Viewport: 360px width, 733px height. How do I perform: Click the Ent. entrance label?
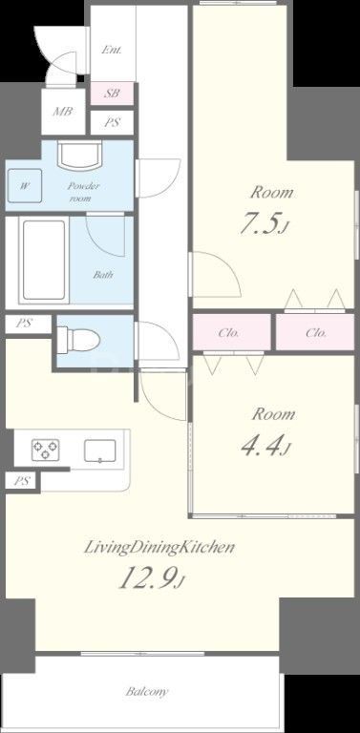(x=112, y=50)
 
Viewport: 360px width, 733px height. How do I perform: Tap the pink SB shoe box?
(x=113, y=94)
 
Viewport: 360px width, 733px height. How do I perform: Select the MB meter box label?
(x=63, y=112)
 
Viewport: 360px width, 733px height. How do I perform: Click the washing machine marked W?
(x=25, y=185)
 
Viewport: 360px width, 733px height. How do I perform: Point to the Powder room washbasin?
(x=79, y=157)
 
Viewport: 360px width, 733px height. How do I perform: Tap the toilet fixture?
(x=79, y=338)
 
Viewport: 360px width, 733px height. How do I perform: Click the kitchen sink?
(x=99, y=450)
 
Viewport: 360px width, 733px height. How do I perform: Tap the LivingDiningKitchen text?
(x=159, y=548)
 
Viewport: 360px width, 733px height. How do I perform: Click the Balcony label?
(x=146, y=691)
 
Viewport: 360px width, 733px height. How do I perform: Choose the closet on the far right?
(x=315, y=332)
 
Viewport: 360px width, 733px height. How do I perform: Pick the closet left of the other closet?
(x=232, y=332)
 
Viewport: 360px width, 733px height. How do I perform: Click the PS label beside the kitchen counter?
(x=23, y=481)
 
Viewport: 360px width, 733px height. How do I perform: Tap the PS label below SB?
(x=113, y=123)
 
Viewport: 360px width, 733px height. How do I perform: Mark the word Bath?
(x=103, y=275)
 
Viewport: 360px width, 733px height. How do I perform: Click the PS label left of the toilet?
(x=23, y=324)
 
